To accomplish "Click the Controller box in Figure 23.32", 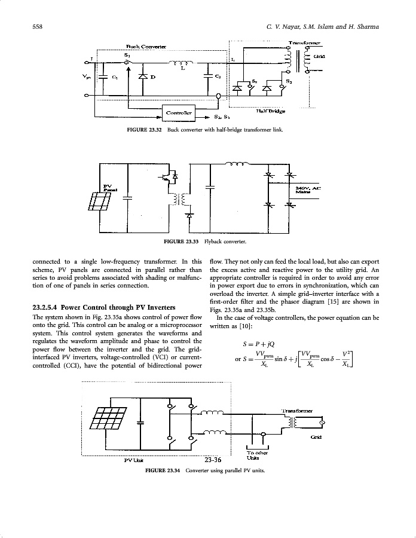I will pos(179,112).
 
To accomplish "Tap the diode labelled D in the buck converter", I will pos(142,77).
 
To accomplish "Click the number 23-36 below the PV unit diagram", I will pos(213,460).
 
